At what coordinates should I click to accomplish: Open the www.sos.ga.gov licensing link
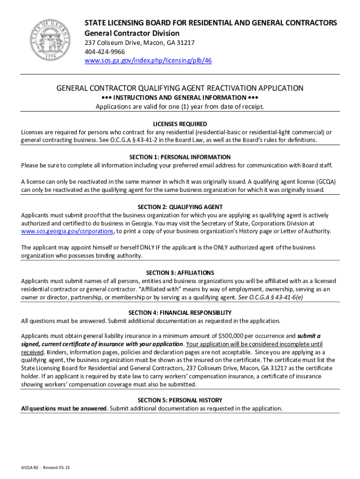(x=148, y=61)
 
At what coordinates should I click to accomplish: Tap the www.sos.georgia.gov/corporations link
(x=67, y=231)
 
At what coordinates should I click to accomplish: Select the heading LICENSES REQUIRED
(x=180, y=124)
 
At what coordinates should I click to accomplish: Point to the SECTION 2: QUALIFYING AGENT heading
(x=180, y=207)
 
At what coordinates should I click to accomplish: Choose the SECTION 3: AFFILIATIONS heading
(x=180, y=273)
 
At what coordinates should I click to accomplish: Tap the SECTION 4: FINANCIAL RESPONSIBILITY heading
(x=180, y=312)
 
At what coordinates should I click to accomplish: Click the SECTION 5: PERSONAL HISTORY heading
(x=180, y=400)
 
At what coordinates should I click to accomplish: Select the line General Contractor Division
(x=132, y=33)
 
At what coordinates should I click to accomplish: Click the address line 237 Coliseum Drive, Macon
(x=139, y=43)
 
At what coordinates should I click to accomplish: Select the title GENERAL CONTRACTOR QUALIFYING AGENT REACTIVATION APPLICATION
(x=180, y=88)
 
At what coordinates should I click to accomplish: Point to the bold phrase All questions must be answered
(x=64, y=408)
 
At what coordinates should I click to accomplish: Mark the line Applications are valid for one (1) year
(x=180, y=106)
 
